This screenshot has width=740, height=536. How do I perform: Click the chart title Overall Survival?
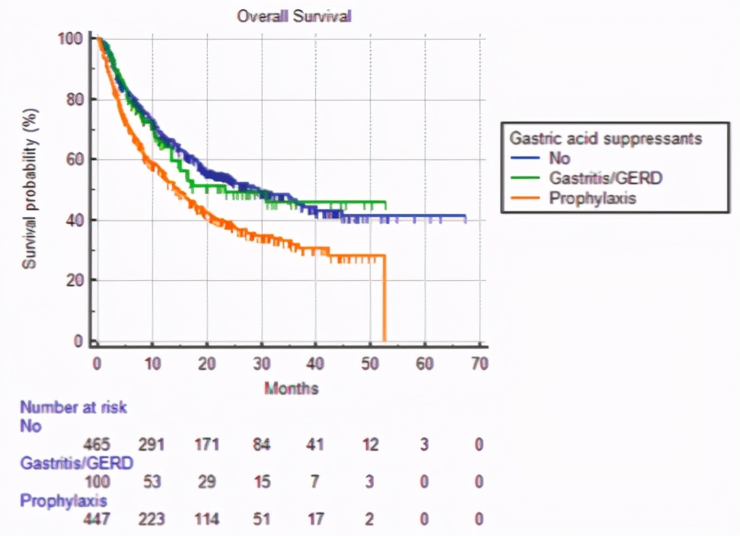pos(294,16)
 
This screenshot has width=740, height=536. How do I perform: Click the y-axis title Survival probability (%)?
pos(30,188)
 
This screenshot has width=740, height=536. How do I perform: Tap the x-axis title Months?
pos(292,388)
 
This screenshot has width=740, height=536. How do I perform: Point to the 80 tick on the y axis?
pos(72,99)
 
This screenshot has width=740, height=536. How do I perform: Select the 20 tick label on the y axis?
pos(72,280)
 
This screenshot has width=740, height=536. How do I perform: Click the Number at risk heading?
pos(73,407)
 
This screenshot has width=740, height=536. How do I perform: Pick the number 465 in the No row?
pos(99,444)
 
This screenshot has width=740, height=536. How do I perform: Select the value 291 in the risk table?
pos(152,444)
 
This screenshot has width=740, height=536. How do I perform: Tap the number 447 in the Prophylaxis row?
pos(99,520)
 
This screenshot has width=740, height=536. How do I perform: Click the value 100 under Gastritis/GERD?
pos(99,482)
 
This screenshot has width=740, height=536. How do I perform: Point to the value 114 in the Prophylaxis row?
pos(206,520)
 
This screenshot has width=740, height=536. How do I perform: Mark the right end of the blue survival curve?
pos(465,219)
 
